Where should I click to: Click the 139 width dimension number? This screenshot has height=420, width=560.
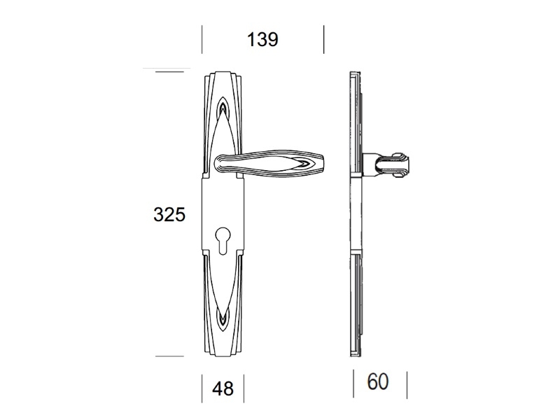(x=262, y=39)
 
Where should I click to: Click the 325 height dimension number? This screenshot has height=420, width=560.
(x=169, y=215)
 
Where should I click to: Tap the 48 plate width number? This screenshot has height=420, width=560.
(x=223, y=388)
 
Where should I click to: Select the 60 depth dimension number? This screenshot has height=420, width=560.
(x=377, y=381)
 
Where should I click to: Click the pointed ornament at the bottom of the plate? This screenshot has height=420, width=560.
(x=223, y=319)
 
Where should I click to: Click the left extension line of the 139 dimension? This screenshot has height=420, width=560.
(x=202, y=39)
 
